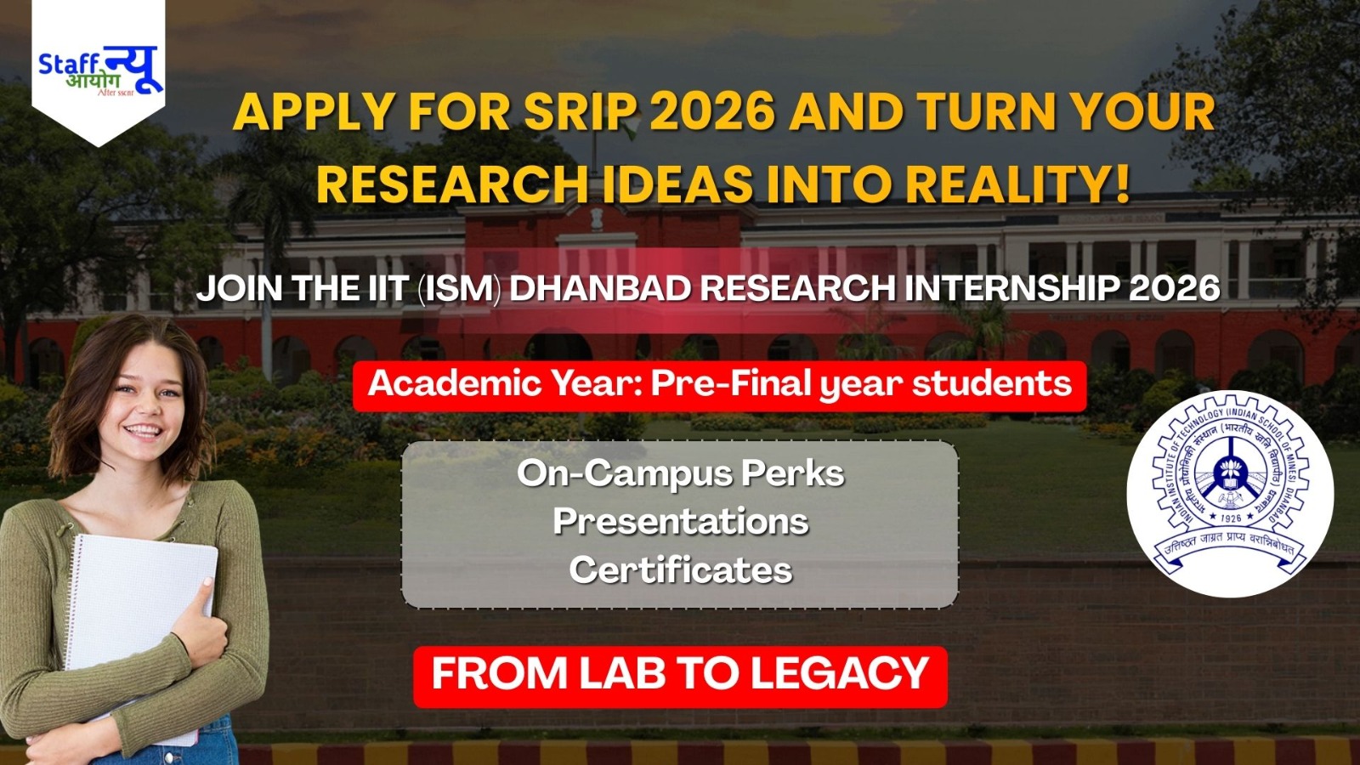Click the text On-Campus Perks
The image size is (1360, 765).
(x=680, y=473)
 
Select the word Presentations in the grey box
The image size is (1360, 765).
(x=680, y=521)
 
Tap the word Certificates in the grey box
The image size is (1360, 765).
(x=680, y=569)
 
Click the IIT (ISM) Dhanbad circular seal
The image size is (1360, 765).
(x=1230, y=493)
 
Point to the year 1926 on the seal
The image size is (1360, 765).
(x=1230, y=518)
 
